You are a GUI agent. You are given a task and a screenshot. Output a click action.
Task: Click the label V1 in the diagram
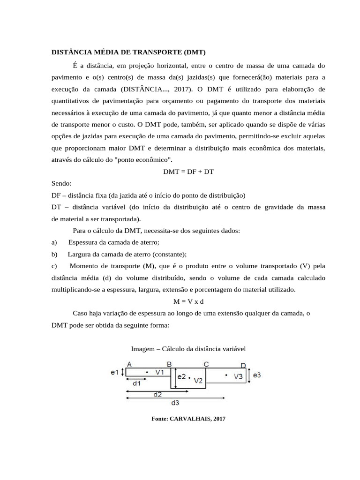pyautogui.click(x=160, y=372)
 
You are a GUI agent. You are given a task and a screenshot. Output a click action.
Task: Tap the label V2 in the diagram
pyautogui.click(x=198, y=380)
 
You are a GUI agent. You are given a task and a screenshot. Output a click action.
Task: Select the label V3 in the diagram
pyautogui.click(x=238, y=376)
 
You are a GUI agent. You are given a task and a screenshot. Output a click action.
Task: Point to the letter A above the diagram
pyautogui.click(x=129, y=364)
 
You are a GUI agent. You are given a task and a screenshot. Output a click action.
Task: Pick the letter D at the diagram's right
pyautogui.click(x=243, y=365)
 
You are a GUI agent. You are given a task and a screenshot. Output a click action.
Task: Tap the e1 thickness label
pyautogui.click(x=114, y=372)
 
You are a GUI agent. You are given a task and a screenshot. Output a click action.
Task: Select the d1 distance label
pyautogui.click(x=137, y=383)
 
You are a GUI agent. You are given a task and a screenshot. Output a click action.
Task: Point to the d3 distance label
pyautogui.click(x=174, y=403)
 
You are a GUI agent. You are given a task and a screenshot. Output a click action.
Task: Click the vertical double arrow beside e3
pyautogui.click(x=249, y=375)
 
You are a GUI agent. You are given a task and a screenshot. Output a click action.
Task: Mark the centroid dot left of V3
pyautogui.click(x=226, y=375)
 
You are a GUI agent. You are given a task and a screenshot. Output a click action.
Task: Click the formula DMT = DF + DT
pyautogui.click(x=188, y=172)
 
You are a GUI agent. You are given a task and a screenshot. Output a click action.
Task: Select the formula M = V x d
pyautogui.click(x=188, y=301)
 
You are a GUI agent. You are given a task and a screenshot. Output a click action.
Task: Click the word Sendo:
pyautogui.click(x=61, y=184)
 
